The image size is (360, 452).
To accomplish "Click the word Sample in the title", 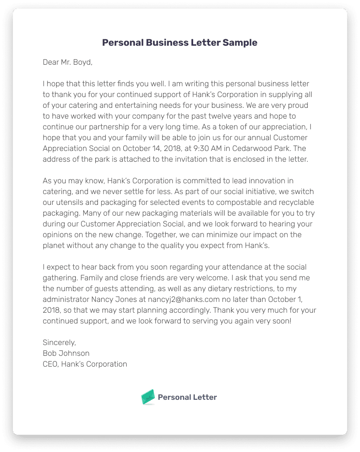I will tap(240, 43).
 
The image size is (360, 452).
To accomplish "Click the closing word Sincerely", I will tap(59, 342).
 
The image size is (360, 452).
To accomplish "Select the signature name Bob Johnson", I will tap(66, 353).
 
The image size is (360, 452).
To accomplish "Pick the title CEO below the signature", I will tap(50, 364).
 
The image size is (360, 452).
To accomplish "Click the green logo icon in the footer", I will tap(148, 397).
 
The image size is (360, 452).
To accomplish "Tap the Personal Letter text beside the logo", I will tap(187, 397).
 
